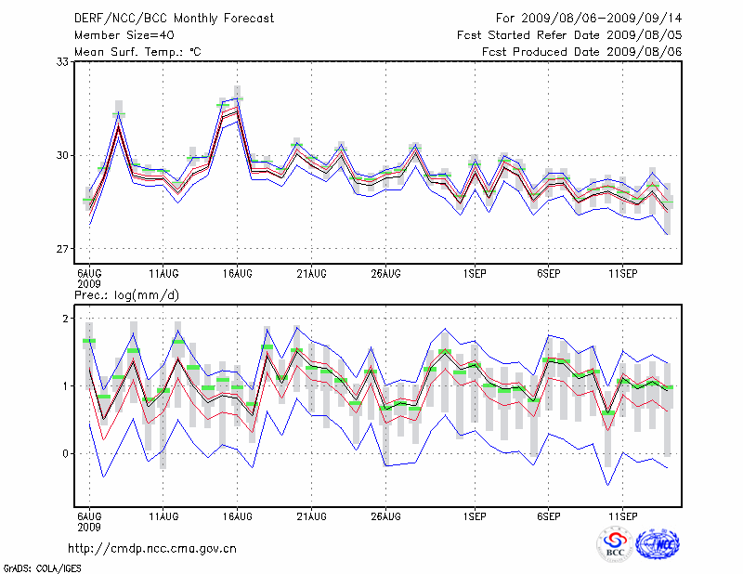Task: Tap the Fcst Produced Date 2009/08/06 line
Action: [582, 52]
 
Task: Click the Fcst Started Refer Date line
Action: [569, 35]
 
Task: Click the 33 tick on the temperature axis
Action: [64, 62]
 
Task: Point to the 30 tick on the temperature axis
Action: [64, 155]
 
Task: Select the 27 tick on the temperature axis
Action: [64, 249]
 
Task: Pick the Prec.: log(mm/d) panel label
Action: [125, 294]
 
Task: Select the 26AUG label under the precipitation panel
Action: [385, 515]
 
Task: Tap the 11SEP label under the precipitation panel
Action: [622, 515]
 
